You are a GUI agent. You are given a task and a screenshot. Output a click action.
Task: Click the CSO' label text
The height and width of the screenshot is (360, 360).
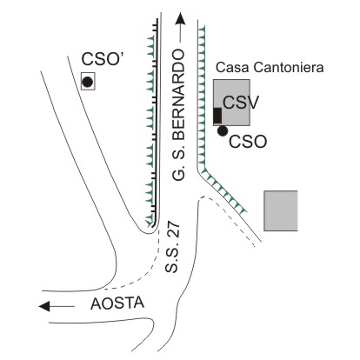tap(103, 59)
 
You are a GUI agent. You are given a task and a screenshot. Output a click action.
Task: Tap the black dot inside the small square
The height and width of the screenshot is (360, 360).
tap(88, 82)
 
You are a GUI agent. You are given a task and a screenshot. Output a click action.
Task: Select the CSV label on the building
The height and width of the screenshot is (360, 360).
tap(240, 103)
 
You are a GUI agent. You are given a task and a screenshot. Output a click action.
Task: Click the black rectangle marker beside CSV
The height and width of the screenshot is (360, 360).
tap(217, 116)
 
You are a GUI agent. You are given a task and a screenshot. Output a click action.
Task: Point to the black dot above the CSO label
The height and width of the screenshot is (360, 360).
tap(223, 131)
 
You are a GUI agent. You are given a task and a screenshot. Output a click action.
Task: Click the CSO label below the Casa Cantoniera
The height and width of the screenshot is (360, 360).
tap(248, 142)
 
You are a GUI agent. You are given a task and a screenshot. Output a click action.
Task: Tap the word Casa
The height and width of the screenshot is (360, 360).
tap(232, 68)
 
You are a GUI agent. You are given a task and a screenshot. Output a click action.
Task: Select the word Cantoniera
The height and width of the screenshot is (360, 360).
tap(289, 68)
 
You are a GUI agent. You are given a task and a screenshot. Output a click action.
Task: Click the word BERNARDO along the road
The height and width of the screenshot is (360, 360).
tap(178, 89)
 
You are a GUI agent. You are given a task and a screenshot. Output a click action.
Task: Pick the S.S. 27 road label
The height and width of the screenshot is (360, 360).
tap(172, 248)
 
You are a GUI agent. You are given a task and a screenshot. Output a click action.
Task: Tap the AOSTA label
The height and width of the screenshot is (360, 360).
tap(117, 303)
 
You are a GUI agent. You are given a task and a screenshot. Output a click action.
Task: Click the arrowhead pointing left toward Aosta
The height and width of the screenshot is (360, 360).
tap(44, 306)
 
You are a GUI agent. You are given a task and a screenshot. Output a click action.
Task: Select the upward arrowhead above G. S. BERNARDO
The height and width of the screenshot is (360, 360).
tap(180, 18)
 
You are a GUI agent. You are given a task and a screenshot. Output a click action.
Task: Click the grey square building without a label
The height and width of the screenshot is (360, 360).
tap(281, 210)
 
